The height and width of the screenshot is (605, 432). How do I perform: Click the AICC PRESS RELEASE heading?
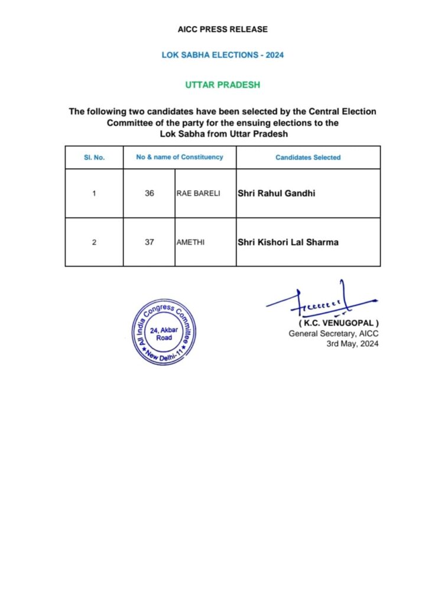tap(222, 29)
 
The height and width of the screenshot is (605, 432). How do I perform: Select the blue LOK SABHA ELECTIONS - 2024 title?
tap(223, 55)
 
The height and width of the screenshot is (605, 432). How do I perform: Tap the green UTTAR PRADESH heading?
tap(222, 85)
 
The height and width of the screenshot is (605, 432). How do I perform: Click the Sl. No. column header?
tap(94, 158)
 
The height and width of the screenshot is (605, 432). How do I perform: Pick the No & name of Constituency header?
tap(180, 157)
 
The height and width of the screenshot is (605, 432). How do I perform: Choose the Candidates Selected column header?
tap(308, 158)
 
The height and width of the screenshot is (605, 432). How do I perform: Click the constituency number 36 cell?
tap(149, 193)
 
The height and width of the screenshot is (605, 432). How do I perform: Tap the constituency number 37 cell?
tap(149, 242)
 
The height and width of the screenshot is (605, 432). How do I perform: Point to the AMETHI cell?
tap(191, 242)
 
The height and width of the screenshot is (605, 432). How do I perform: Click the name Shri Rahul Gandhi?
tap(276, 193)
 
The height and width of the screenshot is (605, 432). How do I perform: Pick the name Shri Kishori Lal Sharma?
tap(288, 242)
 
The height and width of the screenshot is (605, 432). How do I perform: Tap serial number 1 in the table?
tap(94, 193)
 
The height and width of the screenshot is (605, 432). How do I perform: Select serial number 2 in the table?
tap(94, 242)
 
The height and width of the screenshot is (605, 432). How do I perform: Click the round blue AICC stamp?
tap(161, 332)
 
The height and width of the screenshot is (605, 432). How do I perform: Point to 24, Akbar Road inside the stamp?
tap(161, 334)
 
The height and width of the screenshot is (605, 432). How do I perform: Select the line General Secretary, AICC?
tap(333, 334)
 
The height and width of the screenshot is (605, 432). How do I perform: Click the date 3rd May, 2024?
tap(352, 344)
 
